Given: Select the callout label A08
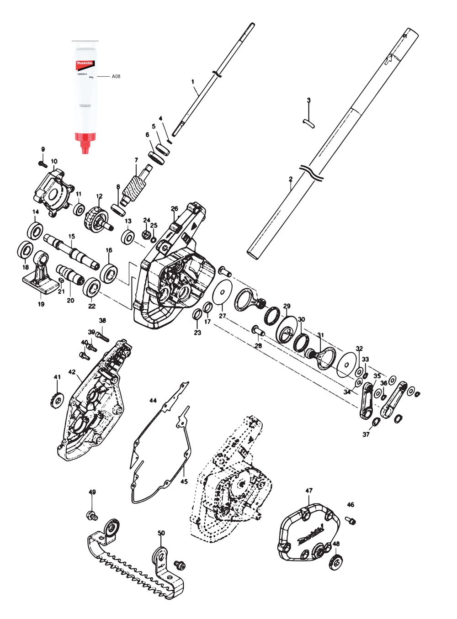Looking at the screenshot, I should tap(116, 77).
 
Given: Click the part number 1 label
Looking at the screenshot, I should tap(193, 81).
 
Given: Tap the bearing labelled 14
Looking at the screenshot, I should tap(35, 230).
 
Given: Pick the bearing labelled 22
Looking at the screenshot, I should tap(92, 287).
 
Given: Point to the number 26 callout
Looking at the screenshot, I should tap(174, 209).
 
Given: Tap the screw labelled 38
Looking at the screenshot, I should tap(103, 338).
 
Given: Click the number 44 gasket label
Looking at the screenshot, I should tap(153, 401).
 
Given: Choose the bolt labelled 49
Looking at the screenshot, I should tap(91, 516).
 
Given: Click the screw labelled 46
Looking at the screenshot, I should tap(351, 520).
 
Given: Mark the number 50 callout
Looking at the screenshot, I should tap(161, 533).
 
